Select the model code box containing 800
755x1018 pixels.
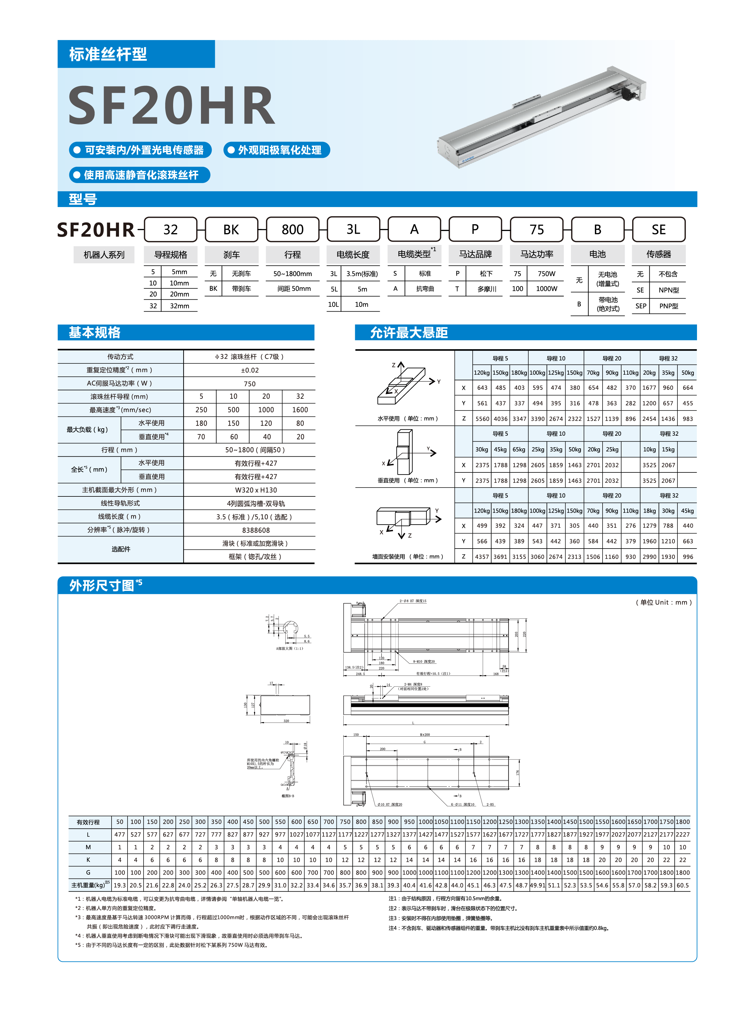[292, 229]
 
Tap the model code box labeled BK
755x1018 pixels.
[231, 229]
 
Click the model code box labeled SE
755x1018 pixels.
[659, 229]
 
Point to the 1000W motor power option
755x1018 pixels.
[547, 288]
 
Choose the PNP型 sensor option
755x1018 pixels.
[669, 306]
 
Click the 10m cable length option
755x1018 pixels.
[361, 304]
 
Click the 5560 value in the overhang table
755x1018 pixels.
[482, 419]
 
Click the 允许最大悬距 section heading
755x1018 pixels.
[409, 333]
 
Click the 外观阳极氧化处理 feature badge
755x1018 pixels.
[277, 150]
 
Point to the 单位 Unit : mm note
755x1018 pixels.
[664, 602]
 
